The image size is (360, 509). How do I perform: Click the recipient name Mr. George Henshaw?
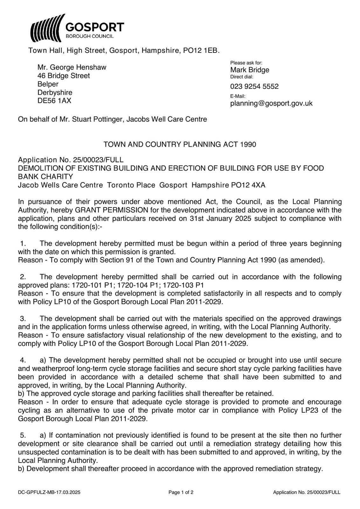point(72,67)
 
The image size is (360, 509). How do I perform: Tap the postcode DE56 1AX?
point(54,101)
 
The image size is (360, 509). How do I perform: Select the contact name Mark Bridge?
point(250,70)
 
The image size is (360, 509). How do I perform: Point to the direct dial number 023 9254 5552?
point(254,87)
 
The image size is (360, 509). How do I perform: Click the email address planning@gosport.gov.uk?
point(271,103)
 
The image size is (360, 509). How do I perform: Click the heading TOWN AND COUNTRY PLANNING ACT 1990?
point(180,144)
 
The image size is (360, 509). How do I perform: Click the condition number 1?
point(23,244)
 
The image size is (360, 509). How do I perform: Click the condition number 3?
point(23,319)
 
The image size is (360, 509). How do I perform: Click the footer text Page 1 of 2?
point(181,492)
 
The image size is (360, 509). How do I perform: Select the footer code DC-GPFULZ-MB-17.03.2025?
point(49,492)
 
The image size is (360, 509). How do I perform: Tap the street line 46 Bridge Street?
point(64,76)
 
